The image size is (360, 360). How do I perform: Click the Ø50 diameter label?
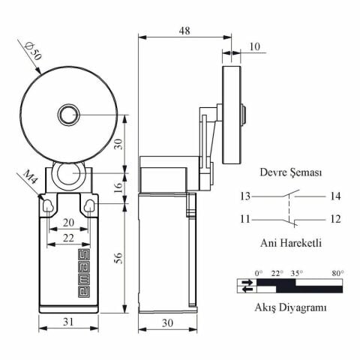(32, 51)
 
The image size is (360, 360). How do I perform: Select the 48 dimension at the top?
(184, 31)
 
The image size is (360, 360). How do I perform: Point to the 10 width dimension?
(254, 46)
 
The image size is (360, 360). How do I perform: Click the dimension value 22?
(68, 237)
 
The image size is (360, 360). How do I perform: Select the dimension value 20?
(68, 223)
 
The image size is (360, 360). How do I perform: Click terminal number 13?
(245, 196)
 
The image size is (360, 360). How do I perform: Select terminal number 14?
(334, 196)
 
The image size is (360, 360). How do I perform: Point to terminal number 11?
(245, 219)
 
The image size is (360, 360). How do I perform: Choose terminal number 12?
(334, 219)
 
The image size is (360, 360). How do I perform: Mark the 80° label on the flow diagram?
(337, 273)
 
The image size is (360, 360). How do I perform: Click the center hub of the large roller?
(68, 115)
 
